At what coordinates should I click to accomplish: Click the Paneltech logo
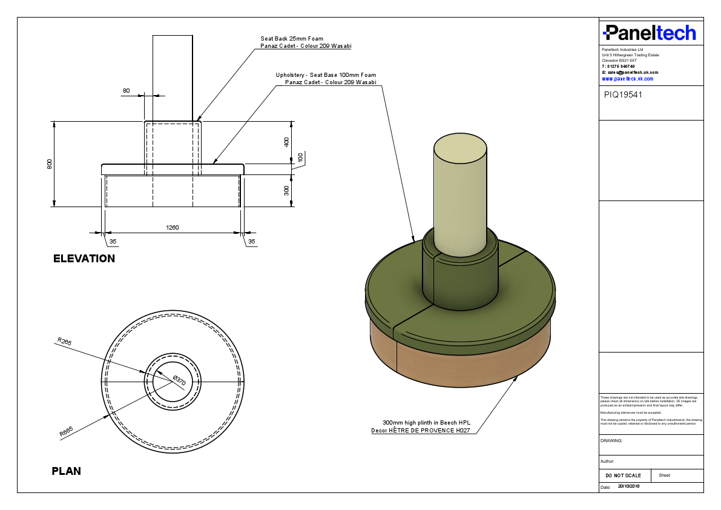(650, 33)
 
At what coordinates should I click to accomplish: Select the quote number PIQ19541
(623, 94)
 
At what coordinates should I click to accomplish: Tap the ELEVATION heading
(84, 259)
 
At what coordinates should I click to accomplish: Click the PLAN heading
(67, 471)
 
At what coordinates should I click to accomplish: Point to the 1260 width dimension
(173, 228)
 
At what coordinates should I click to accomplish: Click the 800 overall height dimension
(50, 164)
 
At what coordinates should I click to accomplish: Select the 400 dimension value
(287, 142)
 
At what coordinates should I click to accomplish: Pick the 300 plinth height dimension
(287, 190)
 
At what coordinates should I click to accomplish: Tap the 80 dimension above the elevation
(126, 91)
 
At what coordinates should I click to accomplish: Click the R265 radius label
(64, 342)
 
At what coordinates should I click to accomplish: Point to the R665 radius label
(66, 432)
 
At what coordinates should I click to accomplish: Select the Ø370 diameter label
(179, 381)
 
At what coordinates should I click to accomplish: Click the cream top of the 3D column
(461, 148)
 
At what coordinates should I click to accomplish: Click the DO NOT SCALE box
(624, 475)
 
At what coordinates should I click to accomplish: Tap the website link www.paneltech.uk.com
(627, 79)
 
